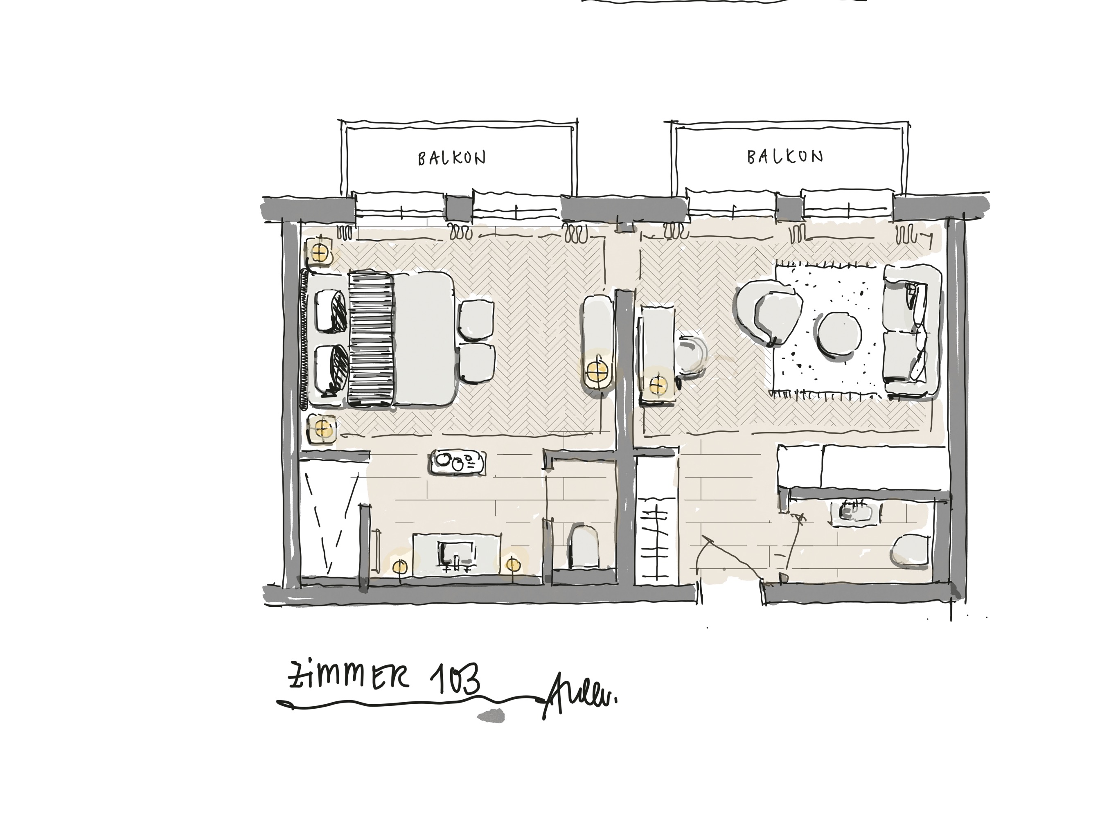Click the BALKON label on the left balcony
pyautogui.click(x=451, y=158)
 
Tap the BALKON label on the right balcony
pyautogui.click(x=784, y=157)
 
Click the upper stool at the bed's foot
pyautogui.click(x=476, y=318)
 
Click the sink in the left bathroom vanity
pyautogui.click(x=456, y=554)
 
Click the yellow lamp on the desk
pyautogui.click(x=658, y=385)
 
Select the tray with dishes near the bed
pyautogui.click(x=458, y=462)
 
